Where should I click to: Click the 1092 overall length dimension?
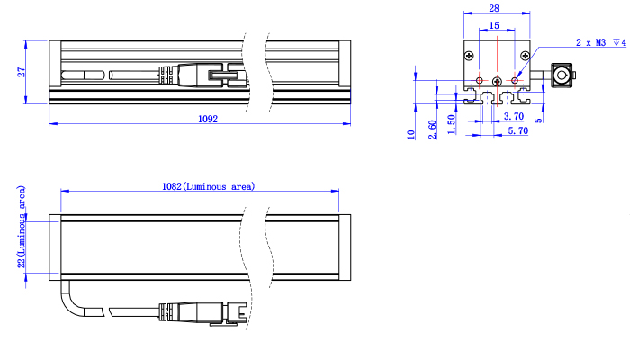click(208, 119)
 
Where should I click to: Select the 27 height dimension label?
click(21, 72)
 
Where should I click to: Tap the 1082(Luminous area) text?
click(208, 186)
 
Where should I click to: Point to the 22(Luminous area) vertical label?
click(22, 227)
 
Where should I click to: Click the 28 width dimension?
click(494, 8)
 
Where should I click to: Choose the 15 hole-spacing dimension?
click(494, 26)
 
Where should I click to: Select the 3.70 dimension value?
click(514, 116)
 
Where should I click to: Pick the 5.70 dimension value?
click(517, 130)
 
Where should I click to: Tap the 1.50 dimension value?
click(452, 124)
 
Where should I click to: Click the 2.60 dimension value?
click(432, 130)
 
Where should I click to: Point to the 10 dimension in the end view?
click(410, 135)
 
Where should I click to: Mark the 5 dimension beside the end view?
click(538, 120)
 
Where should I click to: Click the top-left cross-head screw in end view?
click(469, 56)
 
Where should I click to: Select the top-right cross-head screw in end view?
click(525, 56)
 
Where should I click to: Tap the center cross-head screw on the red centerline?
click(497, 82)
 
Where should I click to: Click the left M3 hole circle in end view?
click(480, 81)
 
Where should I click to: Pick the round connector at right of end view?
click(562, 75)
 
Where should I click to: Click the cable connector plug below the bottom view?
click(202, 312)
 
